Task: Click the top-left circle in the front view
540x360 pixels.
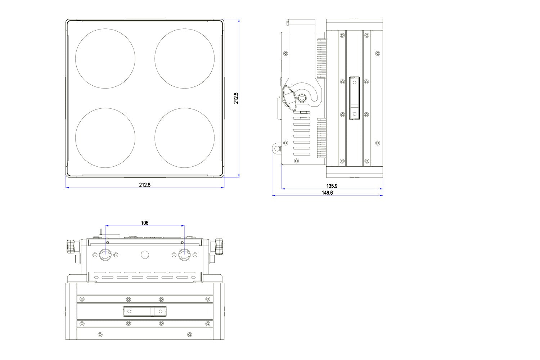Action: point(105,58)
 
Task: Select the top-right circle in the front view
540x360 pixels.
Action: point(185,58)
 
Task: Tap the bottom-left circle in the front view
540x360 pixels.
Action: point(105,138)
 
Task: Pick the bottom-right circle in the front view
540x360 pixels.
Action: point(185,138)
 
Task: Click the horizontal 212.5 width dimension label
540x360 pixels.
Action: point(145,185)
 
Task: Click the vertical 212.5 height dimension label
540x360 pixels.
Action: point(236,98)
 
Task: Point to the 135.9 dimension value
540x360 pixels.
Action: point(332,186)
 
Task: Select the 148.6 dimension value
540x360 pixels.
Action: point(327,193)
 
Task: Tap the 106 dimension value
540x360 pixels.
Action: point(144,223)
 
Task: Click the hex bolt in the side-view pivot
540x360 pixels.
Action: point(302,98)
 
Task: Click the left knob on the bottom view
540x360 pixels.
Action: point(71,246)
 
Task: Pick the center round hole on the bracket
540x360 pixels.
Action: point(145,255)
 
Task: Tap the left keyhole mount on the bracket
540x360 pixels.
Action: point(105,255)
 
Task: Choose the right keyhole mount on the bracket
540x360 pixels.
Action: point(184,255)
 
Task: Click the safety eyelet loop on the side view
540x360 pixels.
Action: point(277,148)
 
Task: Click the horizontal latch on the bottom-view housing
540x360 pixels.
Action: point(145,311)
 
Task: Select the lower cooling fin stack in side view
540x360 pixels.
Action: point(321,138)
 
